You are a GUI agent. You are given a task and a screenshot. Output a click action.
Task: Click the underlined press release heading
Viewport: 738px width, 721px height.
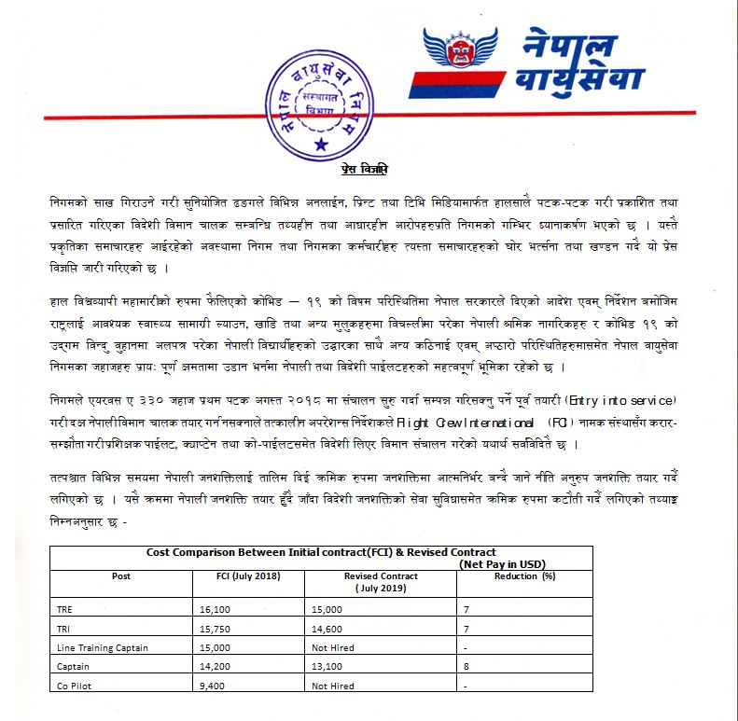coord(363,171)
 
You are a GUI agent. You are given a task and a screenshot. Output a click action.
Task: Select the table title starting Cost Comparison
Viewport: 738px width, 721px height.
coord(321,552)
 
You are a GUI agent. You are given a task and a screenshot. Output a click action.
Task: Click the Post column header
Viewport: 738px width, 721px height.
coord(120,576)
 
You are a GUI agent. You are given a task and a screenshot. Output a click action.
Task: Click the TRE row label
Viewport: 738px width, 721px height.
coord(65,609)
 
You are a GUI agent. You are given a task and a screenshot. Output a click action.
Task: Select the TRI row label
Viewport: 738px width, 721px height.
coord(64,629)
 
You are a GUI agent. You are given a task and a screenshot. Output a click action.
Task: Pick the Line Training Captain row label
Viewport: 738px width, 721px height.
coord(103,647)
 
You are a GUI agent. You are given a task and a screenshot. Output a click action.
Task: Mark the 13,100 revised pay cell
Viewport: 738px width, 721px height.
coord(330,667)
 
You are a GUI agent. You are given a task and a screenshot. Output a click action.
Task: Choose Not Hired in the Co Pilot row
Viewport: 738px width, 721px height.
coord(333,686)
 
